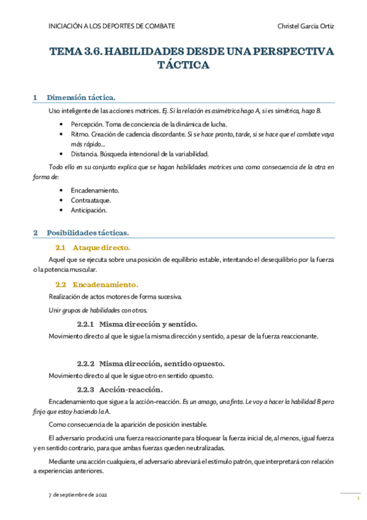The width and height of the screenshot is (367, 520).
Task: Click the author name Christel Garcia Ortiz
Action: (x=306, y=26)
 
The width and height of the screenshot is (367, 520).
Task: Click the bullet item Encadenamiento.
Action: (x=95, y=190)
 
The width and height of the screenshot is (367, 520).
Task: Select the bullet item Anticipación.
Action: (x=89, y=210)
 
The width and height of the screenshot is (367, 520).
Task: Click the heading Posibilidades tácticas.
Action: (x=88, y=233)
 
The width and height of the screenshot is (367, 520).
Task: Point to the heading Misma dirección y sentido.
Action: (x=148, y=323)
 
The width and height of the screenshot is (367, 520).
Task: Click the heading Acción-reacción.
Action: (x=131, y=389)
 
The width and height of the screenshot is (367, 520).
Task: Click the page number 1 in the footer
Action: (x=357, y=500)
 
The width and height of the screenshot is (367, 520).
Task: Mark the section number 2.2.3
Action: (x=85, y=389)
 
